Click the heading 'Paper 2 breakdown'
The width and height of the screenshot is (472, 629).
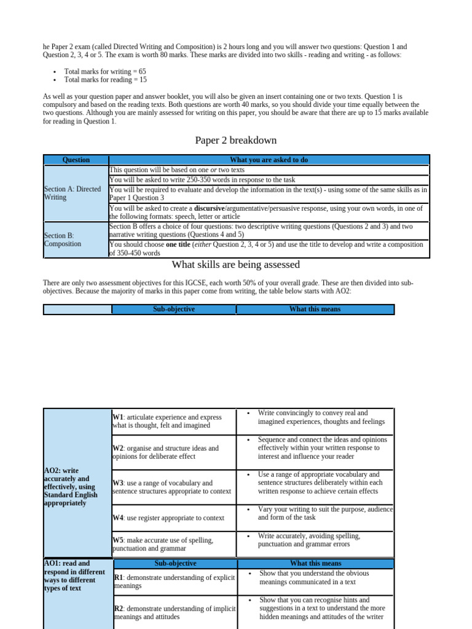pos(236,141)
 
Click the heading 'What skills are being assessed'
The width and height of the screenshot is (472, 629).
pos(236,265)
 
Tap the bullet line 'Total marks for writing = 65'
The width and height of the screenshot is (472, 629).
pos(105,71)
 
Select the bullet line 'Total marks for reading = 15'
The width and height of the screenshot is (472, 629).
pos(105,80)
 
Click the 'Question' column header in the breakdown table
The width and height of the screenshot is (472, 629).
pos(76,160)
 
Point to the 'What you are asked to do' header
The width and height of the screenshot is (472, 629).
pos(269,160)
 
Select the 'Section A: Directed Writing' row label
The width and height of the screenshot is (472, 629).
pos(73,193)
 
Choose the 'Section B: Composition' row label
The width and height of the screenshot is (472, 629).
pos(63,240)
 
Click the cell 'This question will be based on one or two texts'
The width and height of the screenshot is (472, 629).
pos(177,170)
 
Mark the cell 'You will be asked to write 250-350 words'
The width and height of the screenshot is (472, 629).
pos(202,180)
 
